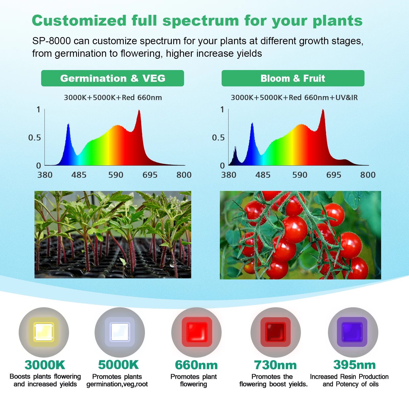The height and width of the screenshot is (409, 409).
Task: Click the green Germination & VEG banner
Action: pos(112,78)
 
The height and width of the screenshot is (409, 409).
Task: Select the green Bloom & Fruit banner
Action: pos(293,78)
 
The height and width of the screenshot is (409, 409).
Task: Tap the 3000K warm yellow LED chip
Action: pos(44,332)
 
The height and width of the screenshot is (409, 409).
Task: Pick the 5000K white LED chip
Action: pos(120,332)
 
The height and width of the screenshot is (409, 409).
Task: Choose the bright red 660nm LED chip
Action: pos(197,332)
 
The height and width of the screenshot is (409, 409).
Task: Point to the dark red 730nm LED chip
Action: pos(276,332)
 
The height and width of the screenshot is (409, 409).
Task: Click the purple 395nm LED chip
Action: pos(352,332)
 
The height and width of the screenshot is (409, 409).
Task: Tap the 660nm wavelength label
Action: pos(196,365)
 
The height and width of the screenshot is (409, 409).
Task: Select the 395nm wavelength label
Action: pos(355,365)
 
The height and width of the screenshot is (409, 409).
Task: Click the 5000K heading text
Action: pos(118,365)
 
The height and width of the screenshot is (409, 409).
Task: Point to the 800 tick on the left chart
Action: pos(184,175)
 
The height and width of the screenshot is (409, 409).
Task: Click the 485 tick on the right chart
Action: pos(263,175)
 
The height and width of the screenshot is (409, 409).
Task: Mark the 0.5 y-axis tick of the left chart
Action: pos(35,138)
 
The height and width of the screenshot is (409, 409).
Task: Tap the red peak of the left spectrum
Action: pos(139,110)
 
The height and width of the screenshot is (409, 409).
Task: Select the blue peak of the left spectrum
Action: pos(68,124)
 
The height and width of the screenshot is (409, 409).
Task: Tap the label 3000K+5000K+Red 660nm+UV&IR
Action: pos(294,97)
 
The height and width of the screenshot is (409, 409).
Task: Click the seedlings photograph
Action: pos(113,235)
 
